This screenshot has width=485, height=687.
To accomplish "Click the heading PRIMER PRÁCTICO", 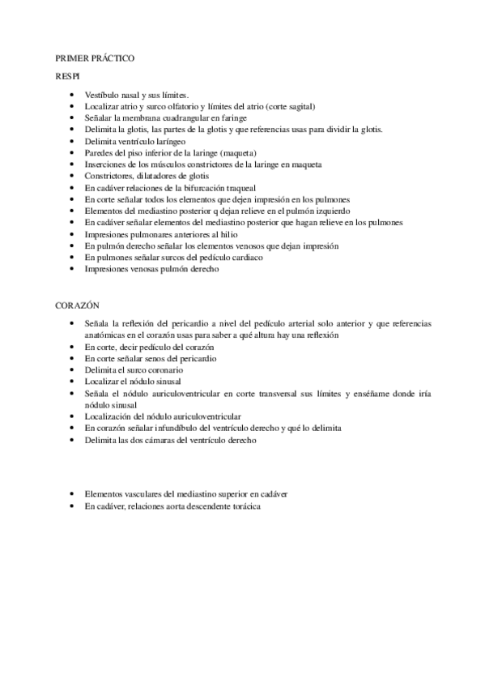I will click(94, 59).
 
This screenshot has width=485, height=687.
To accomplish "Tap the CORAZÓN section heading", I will click(77, 305).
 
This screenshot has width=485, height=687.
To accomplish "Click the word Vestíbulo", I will click(103, 95).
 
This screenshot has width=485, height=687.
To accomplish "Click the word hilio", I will click(208, 233).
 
